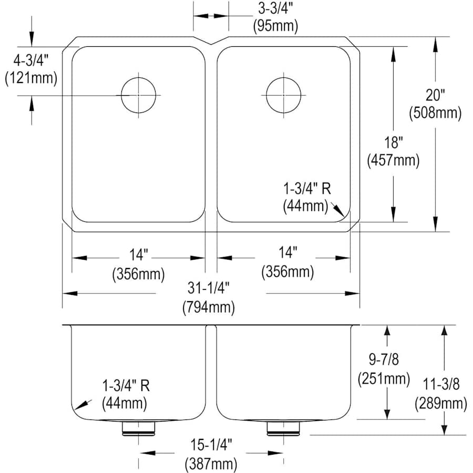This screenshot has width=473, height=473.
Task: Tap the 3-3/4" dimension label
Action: (x=275, y=9)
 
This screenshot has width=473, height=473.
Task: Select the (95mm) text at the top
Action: (x=275, y=26)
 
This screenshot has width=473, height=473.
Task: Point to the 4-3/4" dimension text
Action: (x=31, y=61)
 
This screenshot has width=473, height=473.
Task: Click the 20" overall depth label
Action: (x=435, y=95)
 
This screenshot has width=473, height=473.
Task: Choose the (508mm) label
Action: (x=435, y=113)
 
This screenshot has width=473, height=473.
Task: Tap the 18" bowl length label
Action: (x=393, y=142)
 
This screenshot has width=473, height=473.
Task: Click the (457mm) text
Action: (x=393, y=160)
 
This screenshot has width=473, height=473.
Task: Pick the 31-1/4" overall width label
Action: (x=209, y=288)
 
